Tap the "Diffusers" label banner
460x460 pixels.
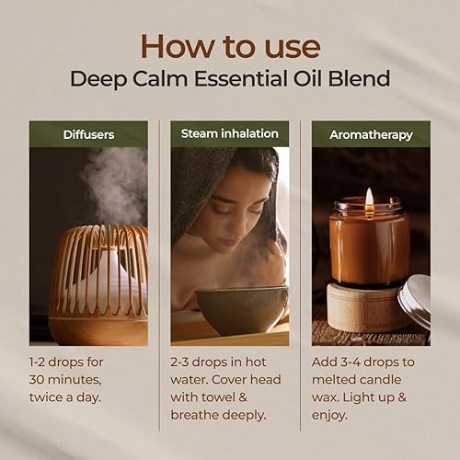88,134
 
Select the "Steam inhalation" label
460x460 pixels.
229,133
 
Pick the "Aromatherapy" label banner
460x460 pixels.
371,134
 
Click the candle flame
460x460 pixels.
370,197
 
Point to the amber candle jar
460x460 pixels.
369,245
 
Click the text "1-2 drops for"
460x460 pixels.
75,362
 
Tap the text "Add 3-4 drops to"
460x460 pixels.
369,362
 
